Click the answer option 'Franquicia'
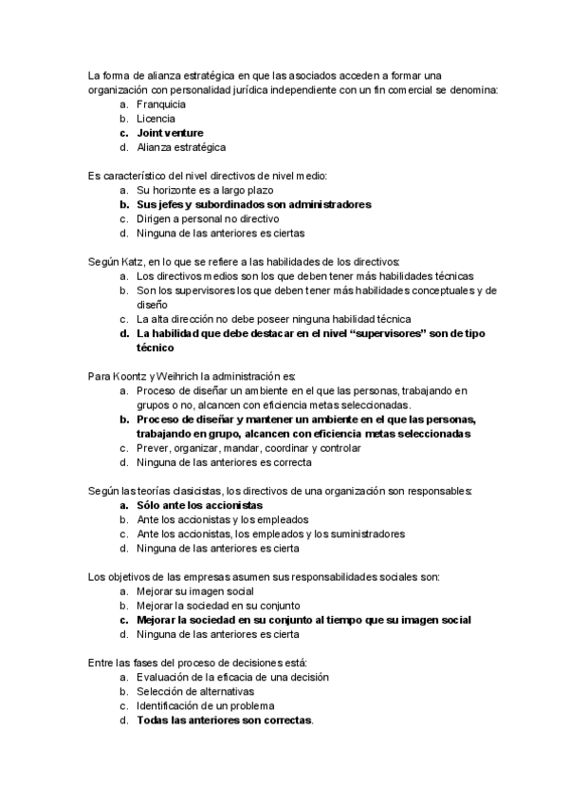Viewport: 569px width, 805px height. [160, 104]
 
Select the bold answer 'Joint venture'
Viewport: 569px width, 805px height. [170, 133]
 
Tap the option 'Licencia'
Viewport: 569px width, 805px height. [156, 119]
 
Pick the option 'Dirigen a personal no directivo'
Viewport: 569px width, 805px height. [211, 218]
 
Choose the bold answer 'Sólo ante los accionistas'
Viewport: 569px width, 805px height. [199, 505]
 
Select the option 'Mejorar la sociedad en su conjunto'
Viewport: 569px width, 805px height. [218, 606]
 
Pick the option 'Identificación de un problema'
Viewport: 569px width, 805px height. [206, 706]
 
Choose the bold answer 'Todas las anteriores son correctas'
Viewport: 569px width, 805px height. [224, 721]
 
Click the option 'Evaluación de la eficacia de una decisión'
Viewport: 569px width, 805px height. [232, 678]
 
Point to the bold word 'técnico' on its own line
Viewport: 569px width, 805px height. [156, 347]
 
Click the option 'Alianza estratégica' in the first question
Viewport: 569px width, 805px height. [181, 147]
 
